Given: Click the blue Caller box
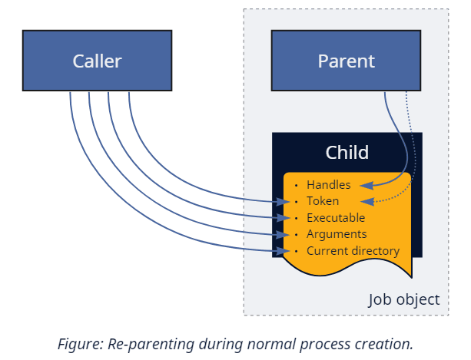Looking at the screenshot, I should coord(97,61).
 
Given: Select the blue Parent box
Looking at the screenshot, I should coord(346,61).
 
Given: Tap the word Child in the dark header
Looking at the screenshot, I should coord(347,152).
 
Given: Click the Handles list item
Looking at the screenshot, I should coord(328,185).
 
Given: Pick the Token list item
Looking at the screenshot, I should coord(323,201).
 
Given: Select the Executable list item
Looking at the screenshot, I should coord(336,218).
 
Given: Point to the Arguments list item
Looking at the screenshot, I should coord(336,234).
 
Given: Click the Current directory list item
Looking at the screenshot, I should coord(353,251).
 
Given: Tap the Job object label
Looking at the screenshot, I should coord(404,299).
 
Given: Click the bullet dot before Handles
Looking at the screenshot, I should coord(297,185).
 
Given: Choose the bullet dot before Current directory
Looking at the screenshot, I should coord(297,251).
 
